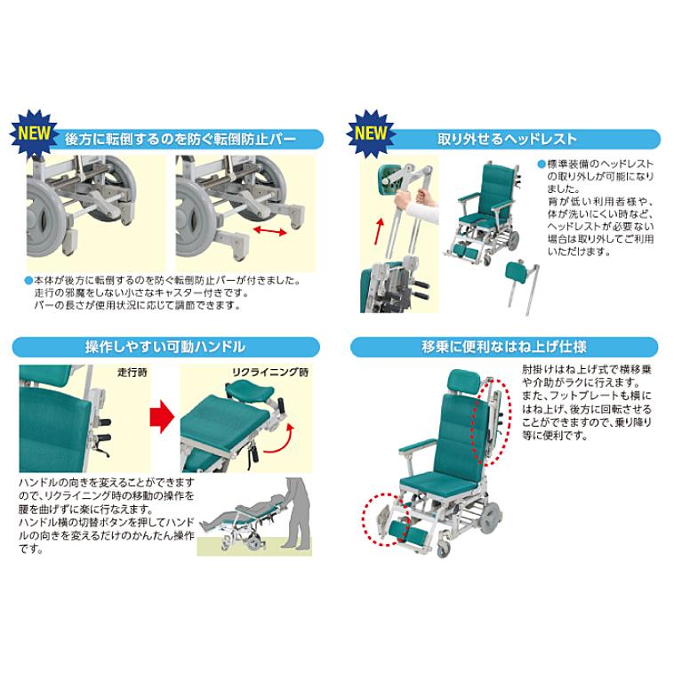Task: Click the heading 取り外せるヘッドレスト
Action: pos(507,140)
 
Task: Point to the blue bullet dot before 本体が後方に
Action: pos(27,279)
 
